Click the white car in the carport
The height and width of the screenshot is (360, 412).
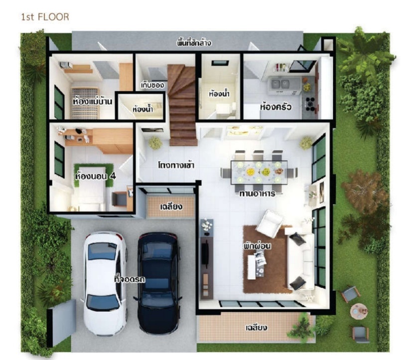point(106,284)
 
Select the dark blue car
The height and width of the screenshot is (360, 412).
point(159,283)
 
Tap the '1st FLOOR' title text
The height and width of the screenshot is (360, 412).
point(45,17)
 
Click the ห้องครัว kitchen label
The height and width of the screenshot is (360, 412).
point(275,107)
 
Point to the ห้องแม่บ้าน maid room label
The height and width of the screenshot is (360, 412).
point(92,101)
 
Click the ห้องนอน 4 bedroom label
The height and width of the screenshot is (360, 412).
point(95,176)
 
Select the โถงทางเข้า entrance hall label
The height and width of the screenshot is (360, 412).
point(176,165)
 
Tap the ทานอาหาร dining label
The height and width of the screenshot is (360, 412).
point(257,193)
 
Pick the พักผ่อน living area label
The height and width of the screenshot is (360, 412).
point(257,246)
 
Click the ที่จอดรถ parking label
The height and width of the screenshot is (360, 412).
point(130,279)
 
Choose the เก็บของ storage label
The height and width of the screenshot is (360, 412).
point(152,85)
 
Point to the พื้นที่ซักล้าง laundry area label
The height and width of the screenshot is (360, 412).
point(194,43)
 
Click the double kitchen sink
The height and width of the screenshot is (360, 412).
point(281,84)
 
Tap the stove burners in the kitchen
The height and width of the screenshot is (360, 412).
point(310,103)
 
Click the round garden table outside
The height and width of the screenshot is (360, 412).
point(359,311)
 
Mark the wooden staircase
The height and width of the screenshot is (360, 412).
point(182,105)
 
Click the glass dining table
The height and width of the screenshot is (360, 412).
point(259,172)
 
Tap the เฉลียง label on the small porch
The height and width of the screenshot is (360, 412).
point(171,207)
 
